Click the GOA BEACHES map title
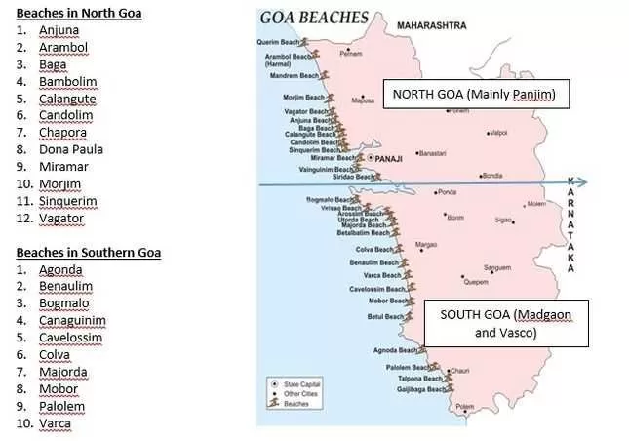(x=314, y=17)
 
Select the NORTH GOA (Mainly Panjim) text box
(x=474, y=95)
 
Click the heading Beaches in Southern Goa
(x=88, y=253)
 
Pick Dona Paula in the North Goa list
(x=70, y=149)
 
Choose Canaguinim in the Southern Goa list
(x=72, y=320)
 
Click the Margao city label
(x=426, y=244)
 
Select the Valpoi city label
(x=498, y=132)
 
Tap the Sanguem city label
(x=497, y=266)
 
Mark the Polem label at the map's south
(x=464, y=406)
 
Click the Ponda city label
(x=448, y=191)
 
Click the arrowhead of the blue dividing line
(x=583, y=181)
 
